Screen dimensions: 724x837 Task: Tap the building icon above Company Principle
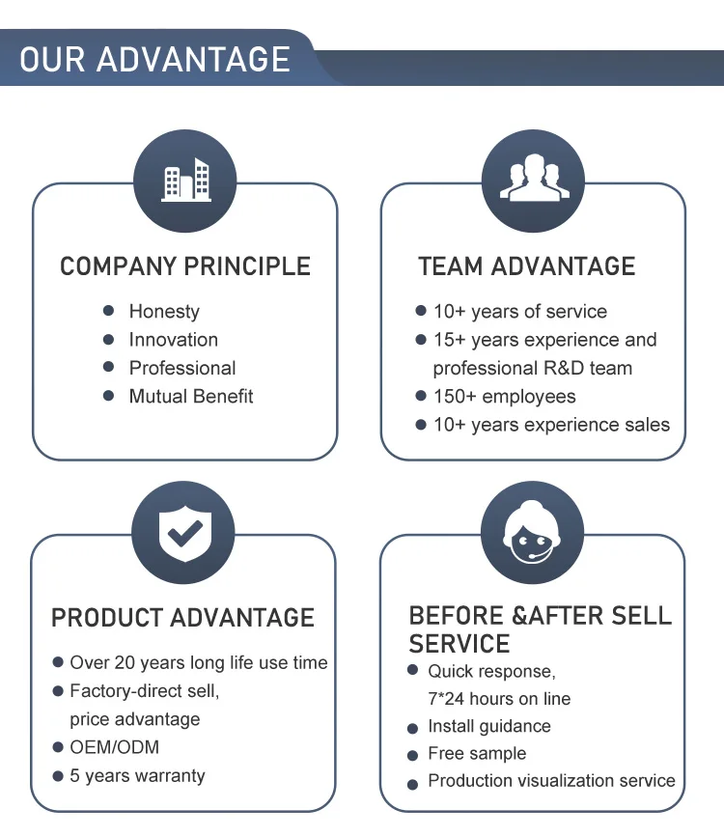coord(185,181)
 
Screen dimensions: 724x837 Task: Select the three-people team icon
coord(533,181)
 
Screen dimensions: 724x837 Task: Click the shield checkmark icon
coord(183,532)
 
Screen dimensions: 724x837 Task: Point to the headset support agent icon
coord(532,532)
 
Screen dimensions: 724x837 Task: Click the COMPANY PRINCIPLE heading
coord(185,267)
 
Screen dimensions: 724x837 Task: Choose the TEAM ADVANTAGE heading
coord(527,267)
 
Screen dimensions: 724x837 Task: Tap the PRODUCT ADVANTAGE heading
coord(183,618)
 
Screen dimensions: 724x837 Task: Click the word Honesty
coord(164,312)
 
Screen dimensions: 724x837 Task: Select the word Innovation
coord(174,340)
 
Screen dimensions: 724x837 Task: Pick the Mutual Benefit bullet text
coord(191,396)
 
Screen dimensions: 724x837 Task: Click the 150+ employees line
coord(504,397)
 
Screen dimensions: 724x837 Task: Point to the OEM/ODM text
coord(114,747)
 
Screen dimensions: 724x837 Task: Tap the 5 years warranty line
coord(137,775)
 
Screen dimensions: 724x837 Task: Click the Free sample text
coord(477,754)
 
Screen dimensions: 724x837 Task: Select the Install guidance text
coord(489,726)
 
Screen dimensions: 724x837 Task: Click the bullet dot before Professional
coord(109,368)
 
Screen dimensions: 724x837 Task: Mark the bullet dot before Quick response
coord(413,670)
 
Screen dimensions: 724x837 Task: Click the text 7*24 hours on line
coord(499,698)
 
